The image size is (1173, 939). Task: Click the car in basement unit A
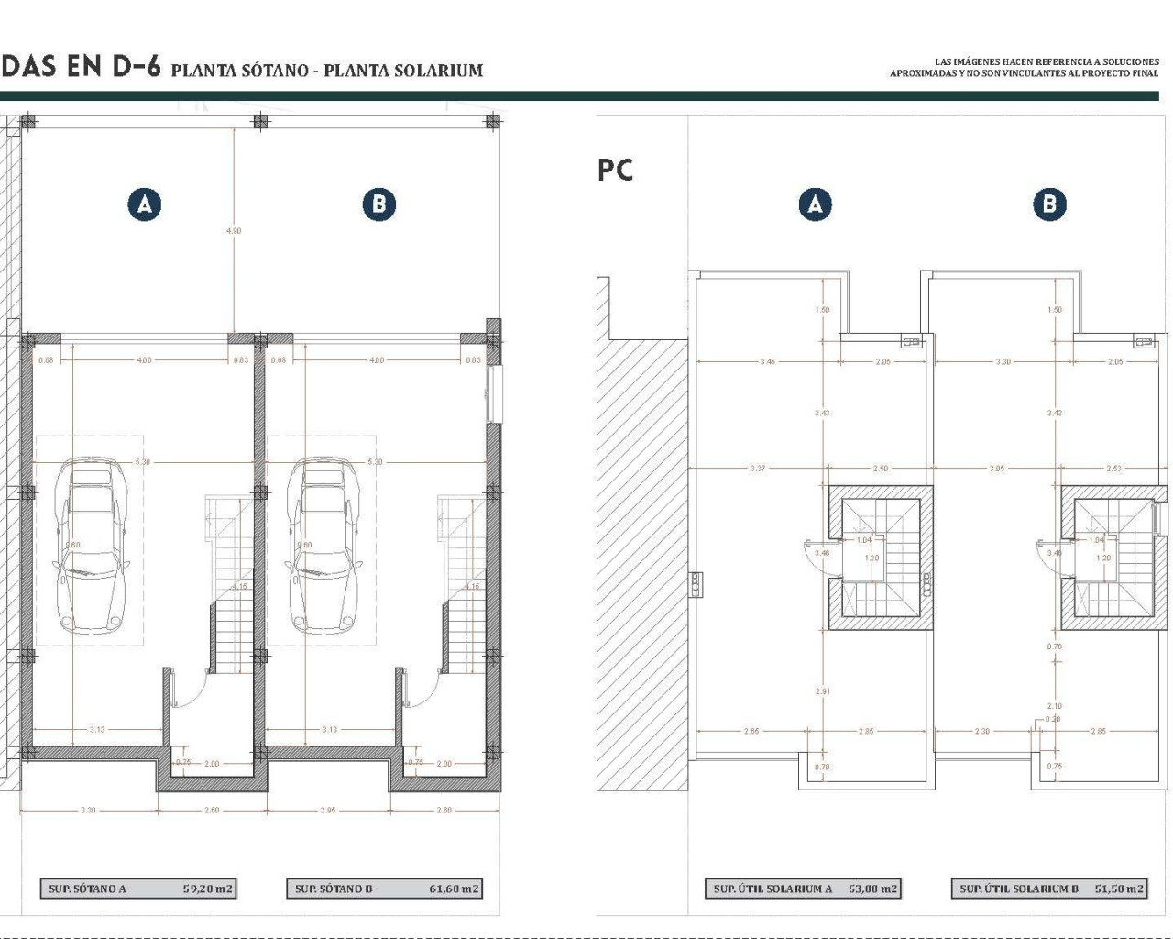pyautogui.click(x=90, y=546)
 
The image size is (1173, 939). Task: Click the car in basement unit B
pyautogui.click(x=323, y=546)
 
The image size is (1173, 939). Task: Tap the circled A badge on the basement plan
pyautogui.click(x=145, y=204)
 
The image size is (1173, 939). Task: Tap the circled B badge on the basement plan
pyautogui.click(x=378, y=204)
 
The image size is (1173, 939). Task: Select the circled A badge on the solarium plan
pyautogui.click(x=815, y=204)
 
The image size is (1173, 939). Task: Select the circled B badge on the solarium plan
pyautogui.click(x=1049, y=204)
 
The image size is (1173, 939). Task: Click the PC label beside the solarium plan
pyautogui.click(x=615, y=170)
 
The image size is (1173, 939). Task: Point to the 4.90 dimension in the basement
pyautogui.click(x=234, y=231)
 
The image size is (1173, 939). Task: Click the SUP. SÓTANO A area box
pyautogui.click(x=138, y=888)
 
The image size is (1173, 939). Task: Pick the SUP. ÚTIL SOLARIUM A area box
pyautogui.click(x=803, y=888)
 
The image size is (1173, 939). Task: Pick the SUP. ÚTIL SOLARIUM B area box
pyautogui.click(x=1049, y=888)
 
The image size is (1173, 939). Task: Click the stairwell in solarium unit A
pyautogui.click(x=881, y=558)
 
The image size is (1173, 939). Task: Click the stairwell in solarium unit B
pyautogui.click(x=1113, y=558)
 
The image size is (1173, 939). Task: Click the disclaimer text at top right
pyautogui.click(x=1024, y=67)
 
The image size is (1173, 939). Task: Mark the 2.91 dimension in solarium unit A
pyautogui.click(x=822, y=690)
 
